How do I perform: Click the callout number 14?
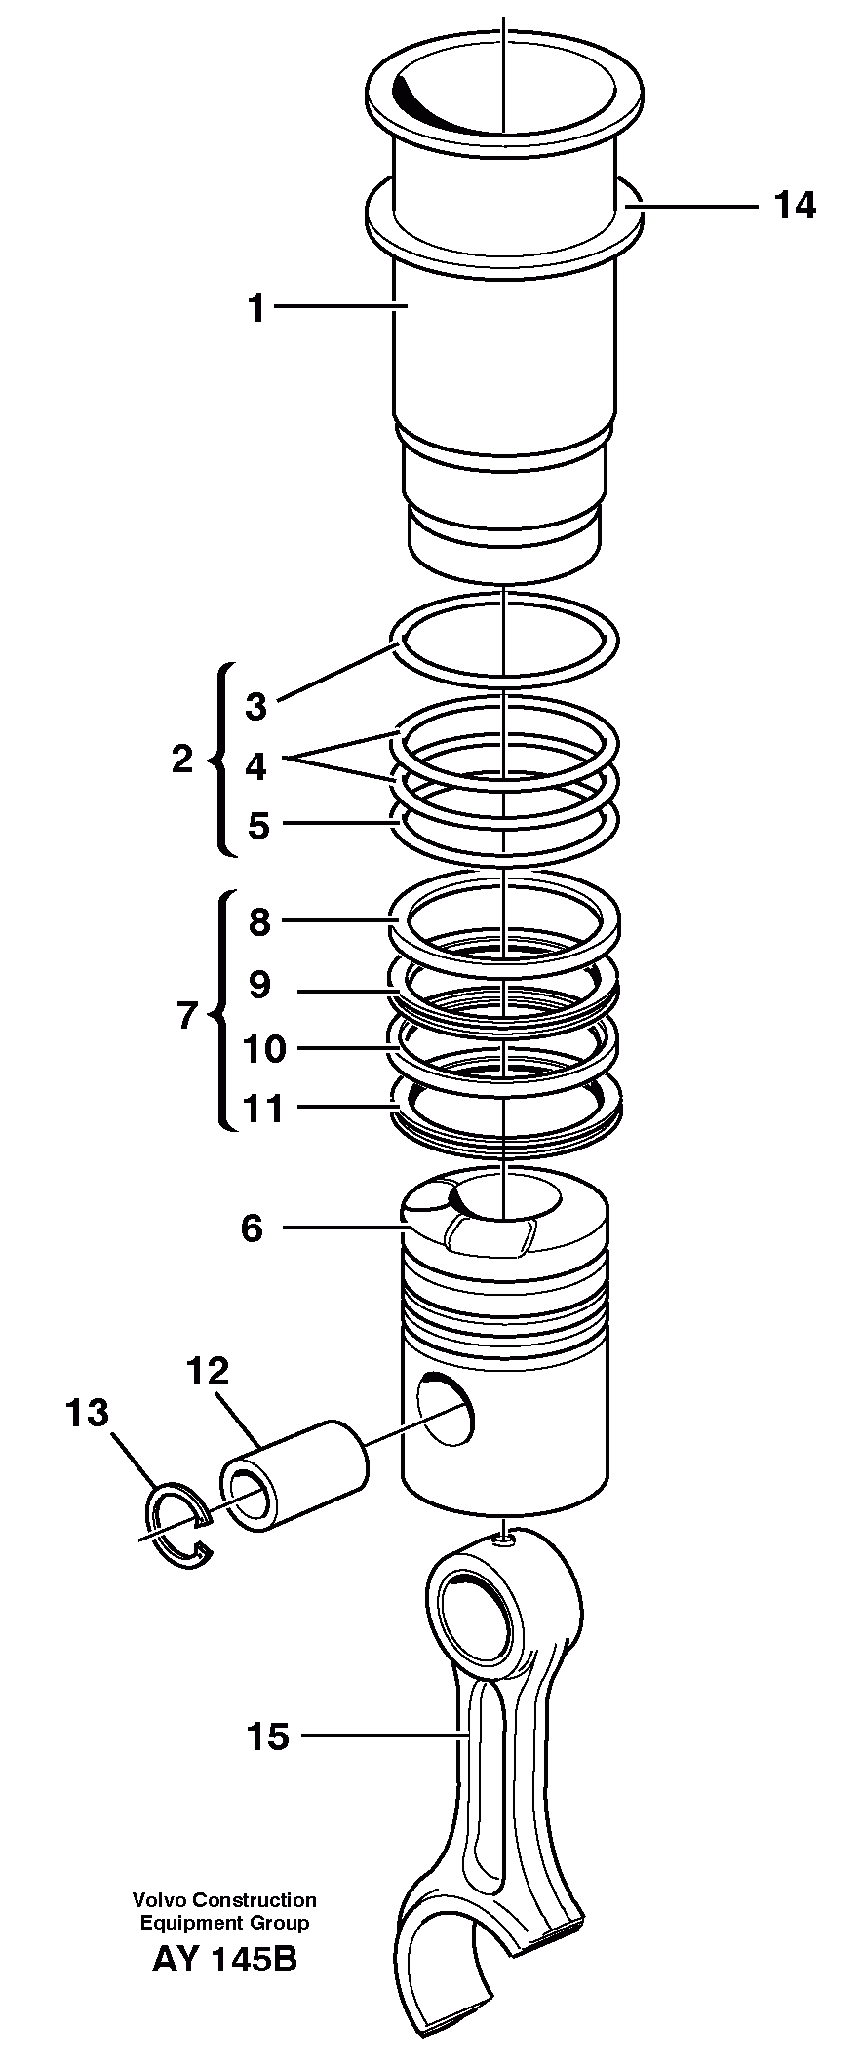[x=794, y=206]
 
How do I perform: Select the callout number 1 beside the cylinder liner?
[x=256, y=309]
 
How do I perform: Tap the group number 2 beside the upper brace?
[x=182, y=760]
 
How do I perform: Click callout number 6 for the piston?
[x=252, y=1228]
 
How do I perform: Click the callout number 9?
[x=258, y=985]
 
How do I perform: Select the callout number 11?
[x=263, y=1109]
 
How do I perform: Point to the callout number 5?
[x=257, y=825]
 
